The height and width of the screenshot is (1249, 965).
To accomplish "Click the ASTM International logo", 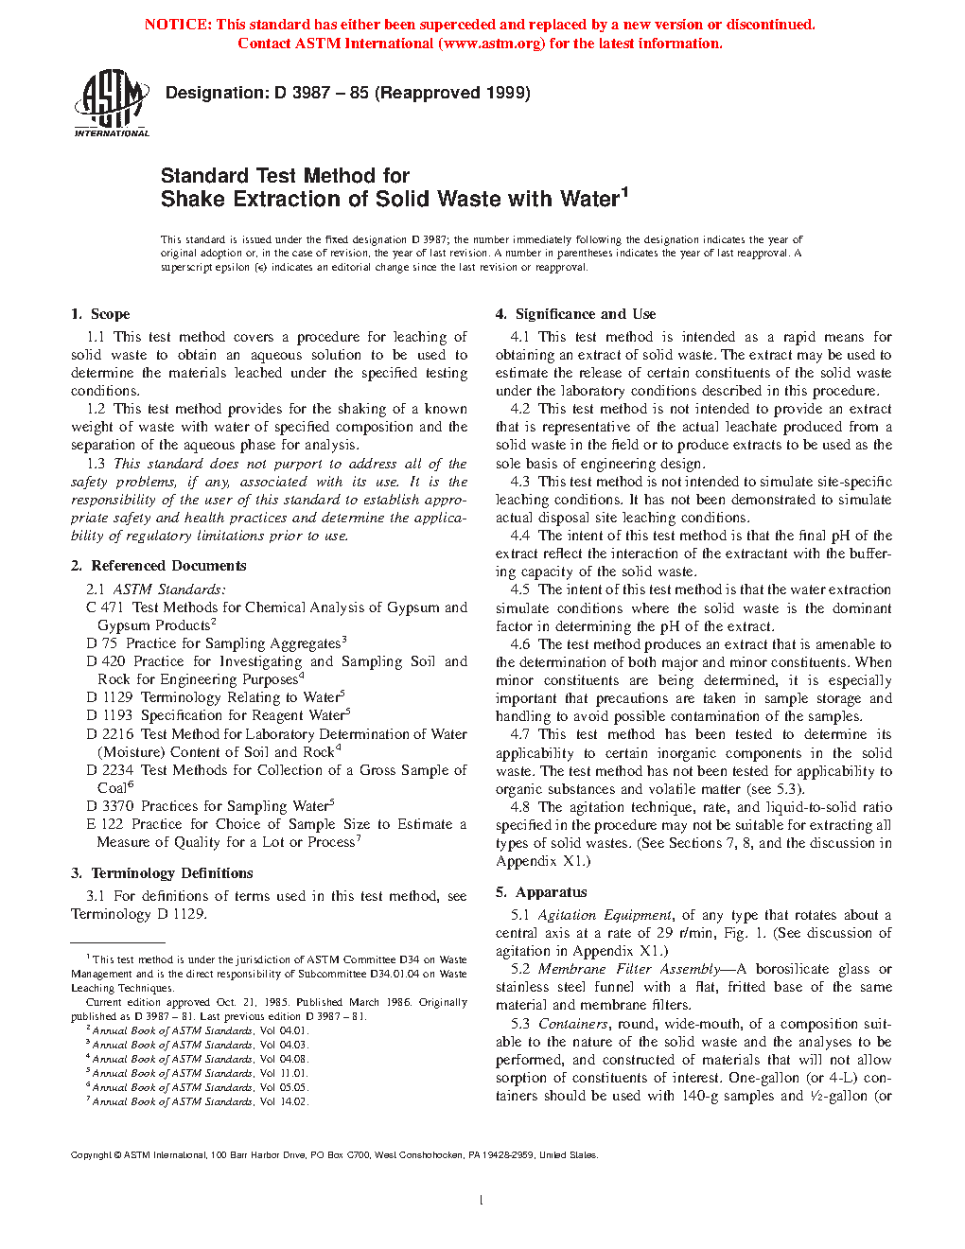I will click(x=112, y=105).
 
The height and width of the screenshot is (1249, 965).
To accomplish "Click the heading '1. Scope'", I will click(x=100, y=314).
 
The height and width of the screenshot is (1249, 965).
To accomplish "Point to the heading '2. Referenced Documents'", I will click(x=158, y=566).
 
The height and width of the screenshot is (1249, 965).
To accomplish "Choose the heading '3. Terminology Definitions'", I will click(x=162, y=873).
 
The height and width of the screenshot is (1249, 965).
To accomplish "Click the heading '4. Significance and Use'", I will click(x=575, y=314).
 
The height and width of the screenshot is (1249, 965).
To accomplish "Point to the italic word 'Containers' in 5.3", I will click(x=573, y=1024).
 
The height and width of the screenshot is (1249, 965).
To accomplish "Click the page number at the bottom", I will click(x=482, y=1200).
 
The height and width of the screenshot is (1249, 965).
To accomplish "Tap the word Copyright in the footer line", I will click(x=91, y=1154).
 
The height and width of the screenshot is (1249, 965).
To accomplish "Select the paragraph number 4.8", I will click(x=520, y=807).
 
